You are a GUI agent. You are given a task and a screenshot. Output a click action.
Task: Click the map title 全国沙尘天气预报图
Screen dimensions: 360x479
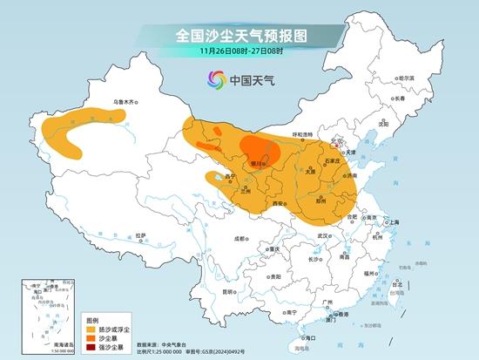point(239,36)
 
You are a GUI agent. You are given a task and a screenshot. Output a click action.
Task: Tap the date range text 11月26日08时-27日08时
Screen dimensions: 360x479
point(239,54)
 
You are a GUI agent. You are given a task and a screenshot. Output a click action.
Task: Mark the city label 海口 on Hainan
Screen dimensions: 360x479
point(306,336)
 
